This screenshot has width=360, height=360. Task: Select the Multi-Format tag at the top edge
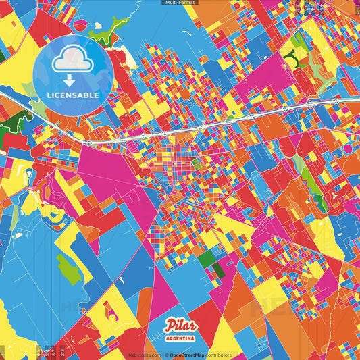[x=180, y=3]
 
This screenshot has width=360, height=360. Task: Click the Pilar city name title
[x=179, y=326]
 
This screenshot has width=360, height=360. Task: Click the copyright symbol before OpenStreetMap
[x=165, y=355]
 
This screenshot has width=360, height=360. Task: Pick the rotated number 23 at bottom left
[x=63, y=352]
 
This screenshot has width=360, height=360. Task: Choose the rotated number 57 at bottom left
[x=54, y=352]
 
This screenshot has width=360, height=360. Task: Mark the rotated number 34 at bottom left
[x=47, y=352]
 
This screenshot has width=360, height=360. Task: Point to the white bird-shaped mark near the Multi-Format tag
[x=192, y=32]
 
